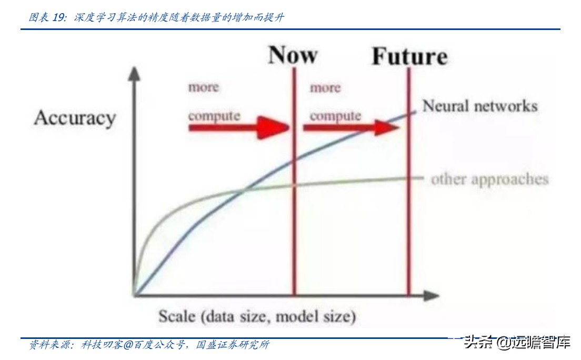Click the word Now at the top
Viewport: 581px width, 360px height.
293,55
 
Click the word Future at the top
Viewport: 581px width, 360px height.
409,56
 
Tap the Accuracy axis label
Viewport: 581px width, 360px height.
75,118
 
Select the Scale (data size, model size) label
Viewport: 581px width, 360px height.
257,316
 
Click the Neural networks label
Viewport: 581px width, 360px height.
480,106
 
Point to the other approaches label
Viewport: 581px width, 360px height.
489,179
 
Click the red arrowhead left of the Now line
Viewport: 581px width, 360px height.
274,127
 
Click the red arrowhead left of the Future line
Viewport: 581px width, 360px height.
387,127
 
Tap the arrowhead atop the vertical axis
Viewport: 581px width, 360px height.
134,73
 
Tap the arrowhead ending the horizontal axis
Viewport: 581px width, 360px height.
432,295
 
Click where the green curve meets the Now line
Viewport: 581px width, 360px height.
295,185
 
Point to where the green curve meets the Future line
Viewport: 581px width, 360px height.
409,178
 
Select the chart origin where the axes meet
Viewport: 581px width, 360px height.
135,295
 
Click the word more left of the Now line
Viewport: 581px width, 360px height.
204,87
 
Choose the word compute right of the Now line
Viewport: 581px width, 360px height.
335,116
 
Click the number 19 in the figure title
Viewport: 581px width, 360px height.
59,17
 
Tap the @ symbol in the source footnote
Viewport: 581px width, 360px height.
128,345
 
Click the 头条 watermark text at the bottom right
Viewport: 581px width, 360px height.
478,342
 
